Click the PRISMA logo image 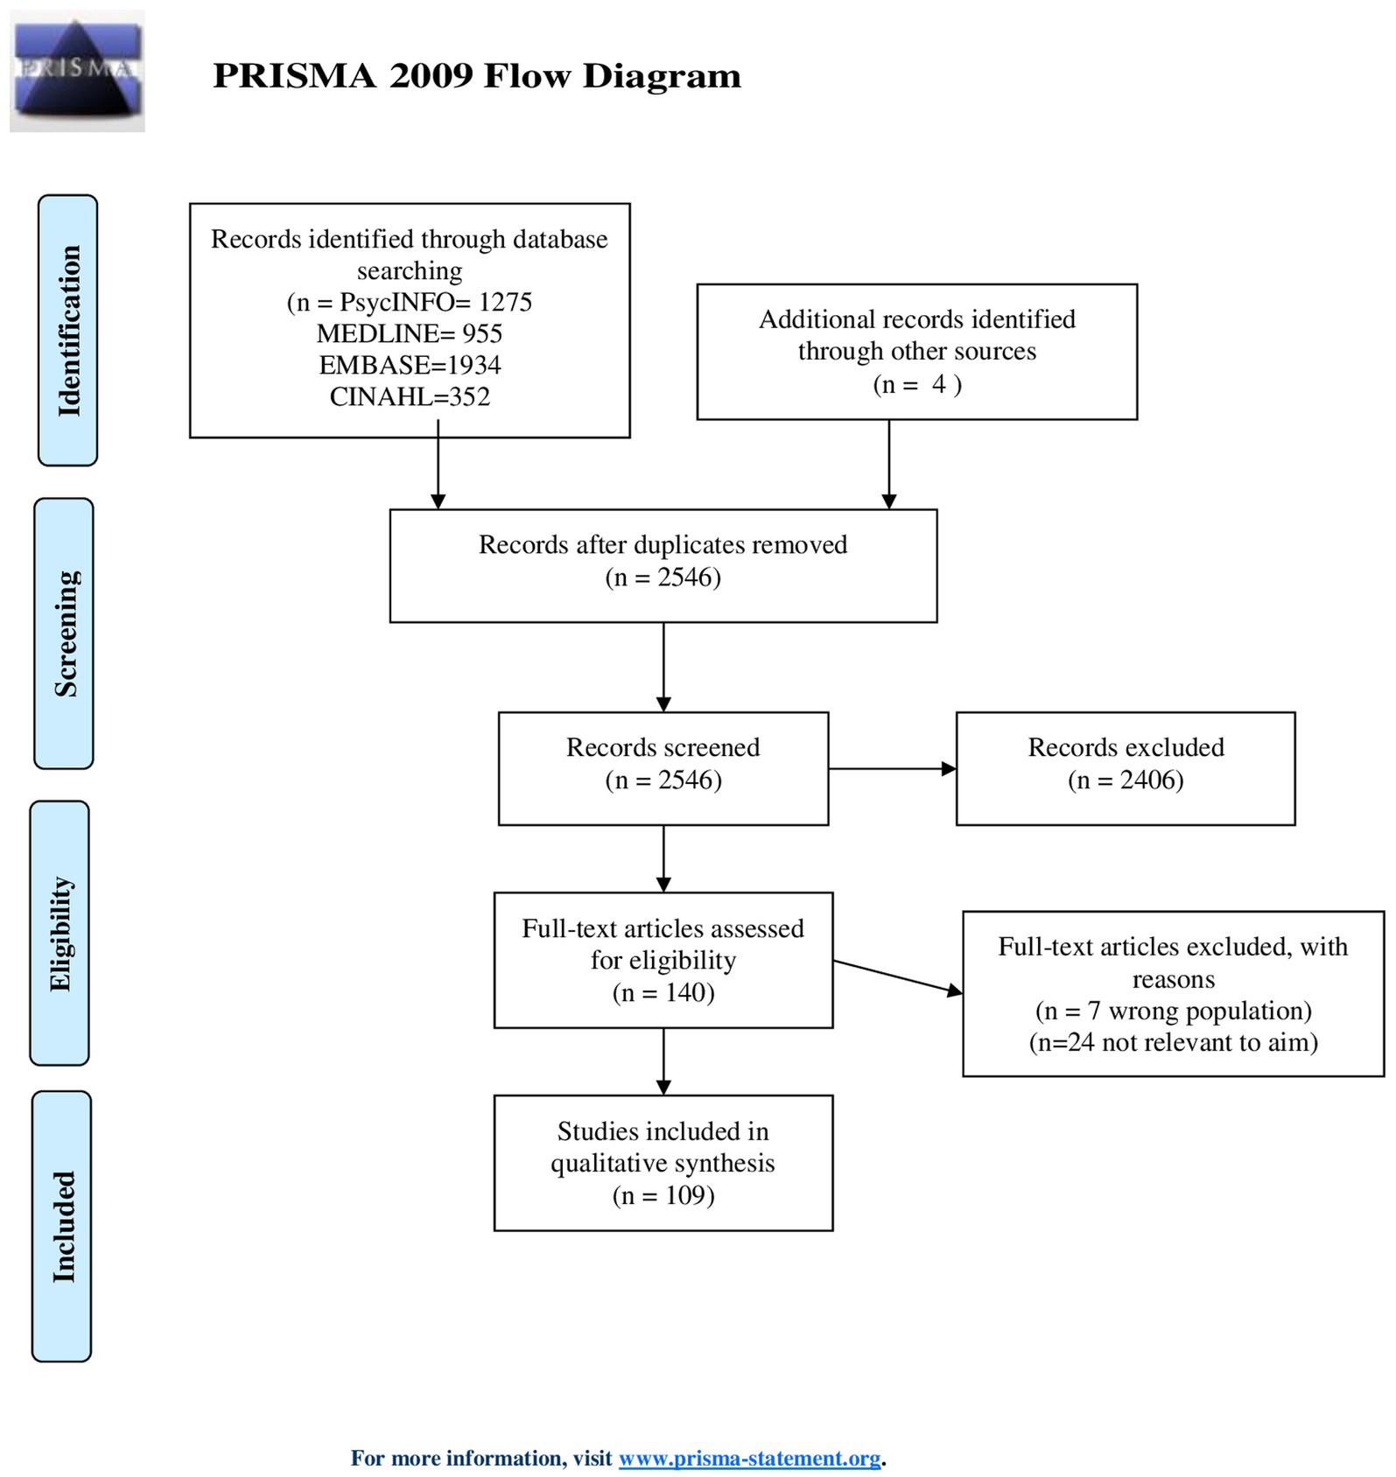77,71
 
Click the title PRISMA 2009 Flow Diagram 477,76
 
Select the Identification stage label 68,331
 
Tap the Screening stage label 64,633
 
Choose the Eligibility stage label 60,933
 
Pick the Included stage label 62,1226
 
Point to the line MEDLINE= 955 410,333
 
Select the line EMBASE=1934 410,365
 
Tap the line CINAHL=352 410,396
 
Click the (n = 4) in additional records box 917,384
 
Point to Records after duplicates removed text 663,544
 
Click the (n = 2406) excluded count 1126,780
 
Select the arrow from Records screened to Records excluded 893,769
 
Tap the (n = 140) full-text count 663,992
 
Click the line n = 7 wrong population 1174,1011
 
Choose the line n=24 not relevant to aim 1174,1042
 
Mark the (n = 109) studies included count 663,1195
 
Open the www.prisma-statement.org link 750,1459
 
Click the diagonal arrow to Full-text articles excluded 898,977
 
